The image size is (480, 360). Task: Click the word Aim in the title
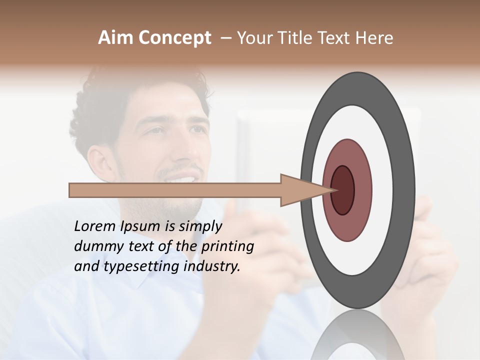pyautogui.click(x=115, y=38)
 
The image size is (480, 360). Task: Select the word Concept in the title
pyautogui.click(x=174, y=38)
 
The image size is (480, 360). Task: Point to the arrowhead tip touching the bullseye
pyautogui.click(x=332, y=190)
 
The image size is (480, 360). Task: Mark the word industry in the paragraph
pyautogui.click(x=212, y=266)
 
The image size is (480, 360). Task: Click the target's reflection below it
pyautogui.click(x=357, y=340)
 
